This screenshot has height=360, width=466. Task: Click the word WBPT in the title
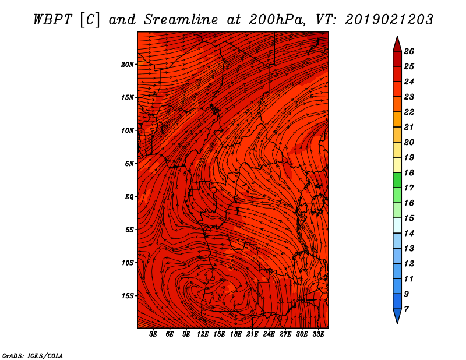[x=51, y=19]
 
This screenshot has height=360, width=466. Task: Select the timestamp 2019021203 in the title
[x=389, y=19]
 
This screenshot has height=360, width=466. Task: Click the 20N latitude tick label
[x=128, y=64]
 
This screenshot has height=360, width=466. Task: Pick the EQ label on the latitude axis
[x=129, y=196]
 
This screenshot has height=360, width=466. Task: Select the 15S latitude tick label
[x=128, y=295]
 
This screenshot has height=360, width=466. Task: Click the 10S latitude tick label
[x=128, y=263]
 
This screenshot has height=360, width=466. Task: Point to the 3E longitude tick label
[x=153, y=334]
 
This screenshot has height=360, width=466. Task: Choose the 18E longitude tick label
[x=236, y=334]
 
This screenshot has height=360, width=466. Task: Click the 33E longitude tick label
[x=318, y=334]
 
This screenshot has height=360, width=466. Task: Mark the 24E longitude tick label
[x=269, y=334]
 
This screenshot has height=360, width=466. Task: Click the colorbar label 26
[x=409, y=51]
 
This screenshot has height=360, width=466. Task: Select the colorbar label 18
[x=409, y=172]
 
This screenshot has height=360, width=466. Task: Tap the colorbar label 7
[x=406, y=309]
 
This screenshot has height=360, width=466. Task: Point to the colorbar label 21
[x=409, y=127]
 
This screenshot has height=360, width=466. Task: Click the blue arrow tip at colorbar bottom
[x=397, y=317]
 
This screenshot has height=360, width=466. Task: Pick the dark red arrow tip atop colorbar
[x=397, y=43]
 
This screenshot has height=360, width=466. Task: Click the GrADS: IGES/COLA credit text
[x=32, y=355]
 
